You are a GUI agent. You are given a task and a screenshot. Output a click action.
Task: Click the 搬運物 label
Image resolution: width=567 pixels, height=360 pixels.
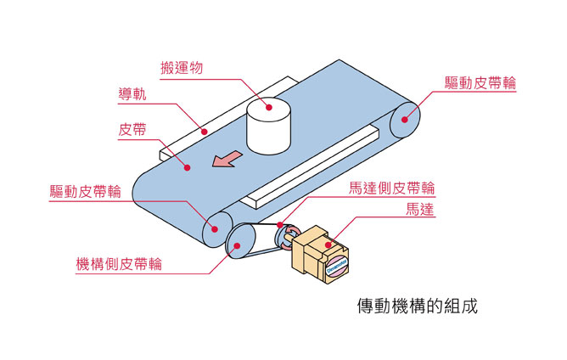point(182,67)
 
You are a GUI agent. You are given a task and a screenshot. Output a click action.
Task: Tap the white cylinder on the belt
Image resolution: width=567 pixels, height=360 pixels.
point(267,126)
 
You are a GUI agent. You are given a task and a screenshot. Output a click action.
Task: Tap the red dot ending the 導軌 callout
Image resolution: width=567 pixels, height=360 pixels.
point(203,132)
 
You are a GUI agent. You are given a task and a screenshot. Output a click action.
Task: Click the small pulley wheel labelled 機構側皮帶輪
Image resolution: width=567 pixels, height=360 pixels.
point(238,243)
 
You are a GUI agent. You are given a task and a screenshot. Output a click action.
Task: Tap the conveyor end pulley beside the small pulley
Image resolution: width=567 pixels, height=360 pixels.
point(212,228)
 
